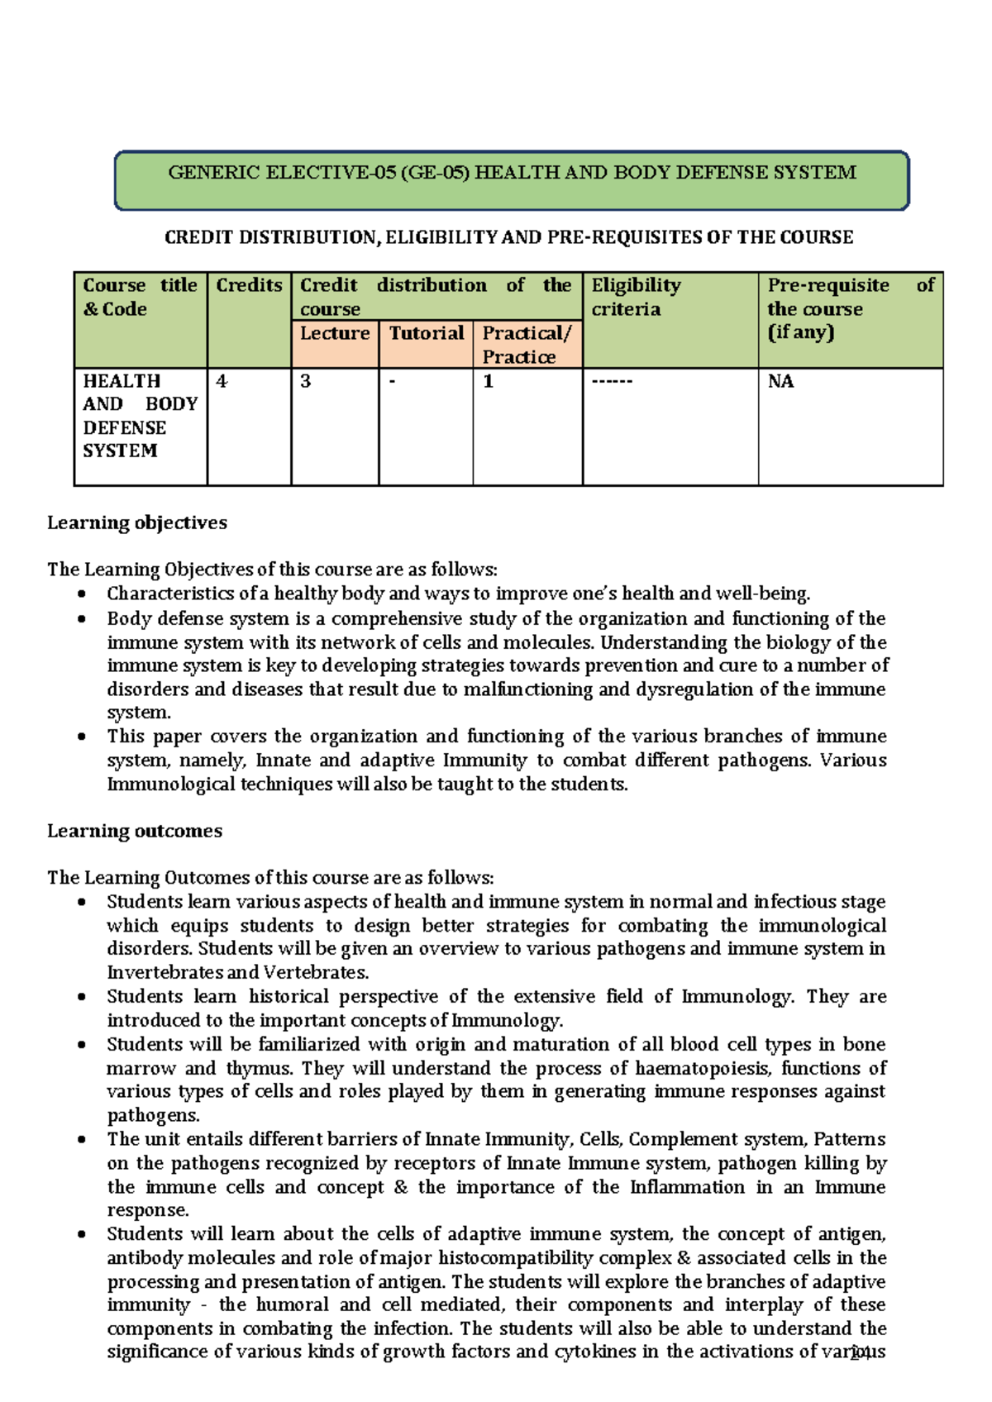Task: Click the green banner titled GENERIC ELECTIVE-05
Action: coord(512,179)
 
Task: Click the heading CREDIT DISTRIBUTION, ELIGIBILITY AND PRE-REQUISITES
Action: coord(508,238)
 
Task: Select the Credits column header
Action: coord(249,285)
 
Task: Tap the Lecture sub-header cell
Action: coord(335,333)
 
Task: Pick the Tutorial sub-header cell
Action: coord(426,333)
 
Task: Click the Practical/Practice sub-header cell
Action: coord(527,345)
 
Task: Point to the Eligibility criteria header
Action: coord(636,297)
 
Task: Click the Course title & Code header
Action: coord(140,297)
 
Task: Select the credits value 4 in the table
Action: coord(222,381)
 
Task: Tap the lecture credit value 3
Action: coord(306,381)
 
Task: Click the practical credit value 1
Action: coord(489,381)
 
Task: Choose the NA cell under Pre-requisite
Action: coord(780,381)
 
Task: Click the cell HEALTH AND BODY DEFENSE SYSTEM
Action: coord(140,416)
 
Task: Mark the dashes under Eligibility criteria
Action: coord(612,381)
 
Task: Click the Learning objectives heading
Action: coord(137,522)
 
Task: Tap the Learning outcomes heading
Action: coord(135,831)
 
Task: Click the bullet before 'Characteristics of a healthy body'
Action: coord(81,594)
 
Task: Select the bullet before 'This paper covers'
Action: coord(81,737)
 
